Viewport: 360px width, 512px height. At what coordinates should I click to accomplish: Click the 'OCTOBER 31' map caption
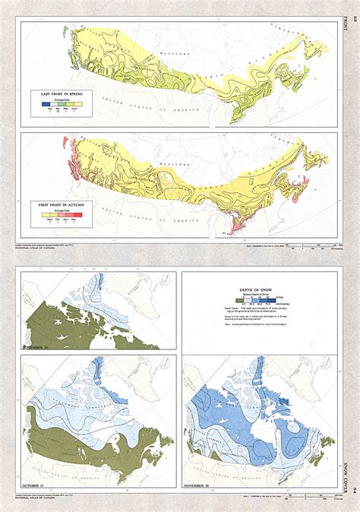(x=36, y=484)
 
